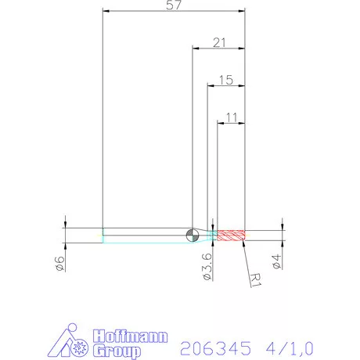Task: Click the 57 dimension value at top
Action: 174,5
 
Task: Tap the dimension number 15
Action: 226,79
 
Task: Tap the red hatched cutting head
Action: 232,235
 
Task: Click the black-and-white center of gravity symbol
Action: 193,235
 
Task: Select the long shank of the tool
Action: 145,235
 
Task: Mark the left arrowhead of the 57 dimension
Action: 106,11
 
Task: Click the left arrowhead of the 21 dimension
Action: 196,48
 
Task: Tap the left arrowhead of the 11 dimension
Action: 220,123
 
